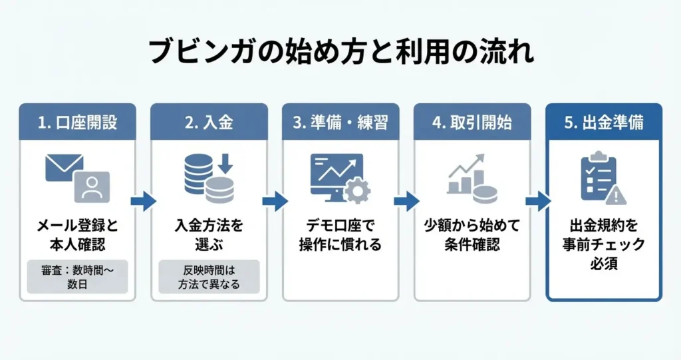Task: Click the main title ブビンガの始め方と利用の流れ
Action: click(x=340, y=51)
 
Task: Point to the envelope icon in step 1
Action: click(x=64, y=166)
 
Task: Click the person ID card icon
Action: click(x=92, y=186)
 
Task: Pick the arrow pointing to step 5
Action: click(x=537, y=201)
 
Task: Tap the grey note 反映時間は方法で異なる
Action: click(x=209, y=277)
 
